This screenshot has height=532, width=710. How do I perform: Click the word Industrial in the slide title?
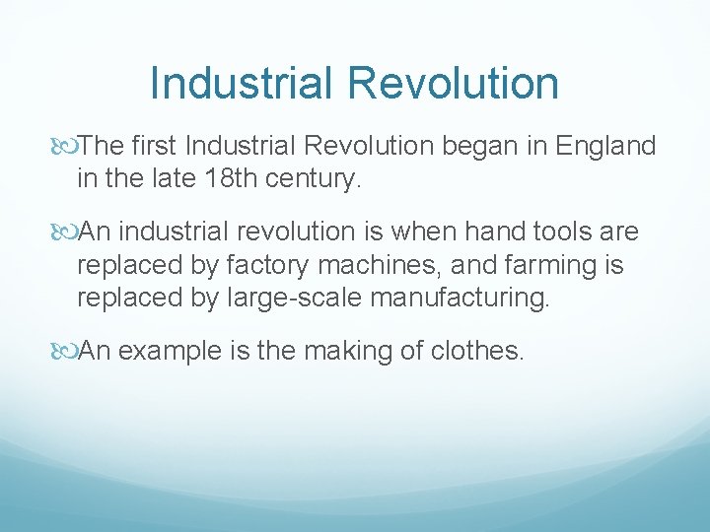tap(242, 83)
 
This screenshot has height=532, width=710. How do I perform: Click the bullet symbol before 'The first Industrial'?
tap(66, 147)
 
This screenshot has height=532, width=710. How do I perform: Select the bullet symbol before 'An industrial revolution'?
tap(66, 233)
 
